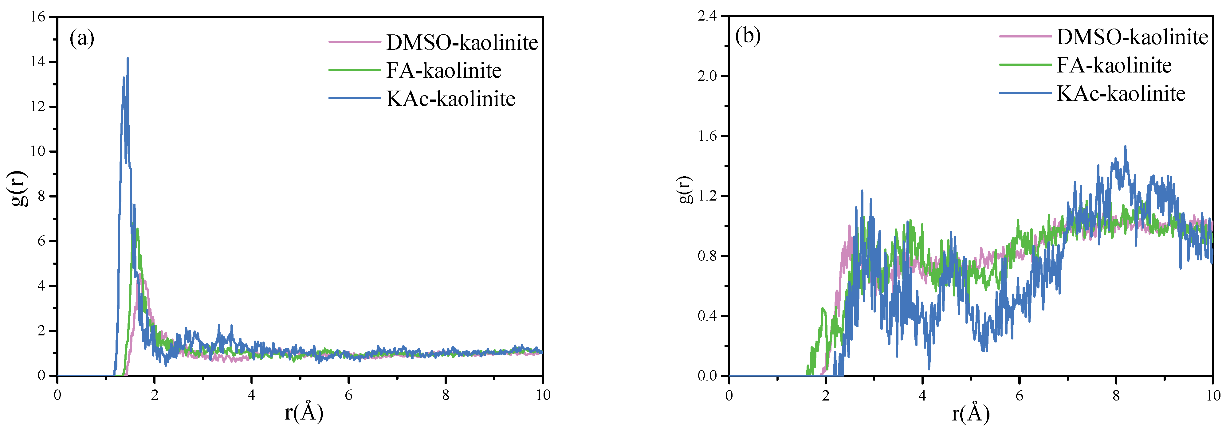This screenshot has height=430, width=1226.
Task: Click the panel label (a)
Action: (82, 38)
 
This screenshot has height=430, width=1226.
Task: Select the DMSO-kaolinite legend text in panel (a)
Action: (462, 43)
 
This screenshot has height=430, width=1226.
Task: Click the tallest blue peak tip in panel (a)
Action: (128, 58)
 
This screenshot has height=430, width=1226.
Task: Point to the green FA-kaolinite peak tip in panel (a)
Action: (137, 229)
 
